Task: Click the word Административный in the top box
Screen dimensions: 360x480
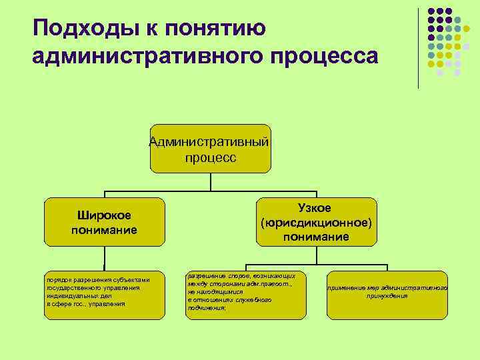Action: pos(210,141)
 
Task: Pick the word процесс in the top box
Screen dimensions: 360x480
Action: pos(210,157)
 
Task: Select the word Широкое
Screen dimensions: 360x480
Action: pos(104,215)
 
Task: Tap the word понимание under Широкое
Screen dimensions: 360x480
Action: pos(104,230)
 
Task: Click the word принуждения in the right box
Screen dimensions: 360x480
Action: pos(387,295)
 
